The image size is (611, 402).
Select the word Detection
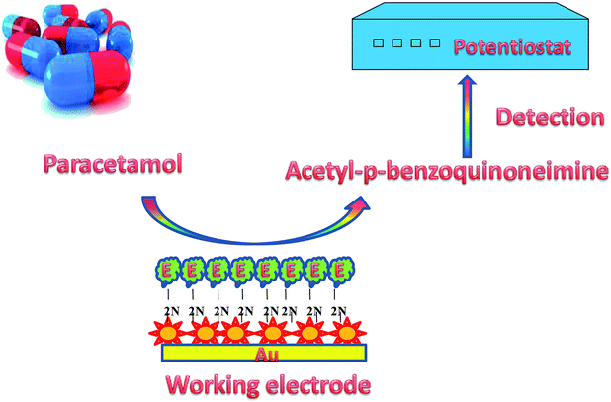click(x=550, y=118)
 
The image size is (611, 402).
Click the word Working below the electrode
click(x=211, y=383)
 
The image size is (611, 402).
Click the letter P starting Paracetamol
click(x=48, y=160)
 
